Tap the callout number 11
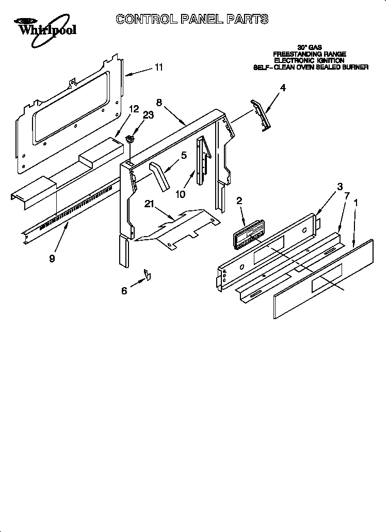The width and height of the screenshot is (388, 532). (159, 68)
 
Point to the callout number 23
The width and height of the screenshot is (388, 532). (148, 115)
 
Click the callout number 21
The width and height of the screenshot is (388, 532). (149, 205)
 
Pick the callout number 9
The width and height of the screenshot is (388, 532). (52, 258)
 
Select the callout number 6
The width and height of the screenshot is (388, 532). (124, 291)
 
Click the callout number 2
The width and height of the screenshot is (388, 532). (239, 201)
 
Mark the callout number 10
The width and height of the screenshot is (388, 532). (180, 194)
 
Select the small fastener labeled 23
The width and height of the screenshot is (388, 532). (130, 138)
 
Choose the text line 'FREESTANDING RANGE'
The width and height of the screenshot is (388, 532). (309, 54)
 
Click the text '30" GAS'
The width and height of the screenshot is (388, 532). (310, 47)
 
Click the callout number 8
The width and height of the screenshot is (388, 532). (159, 102)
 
